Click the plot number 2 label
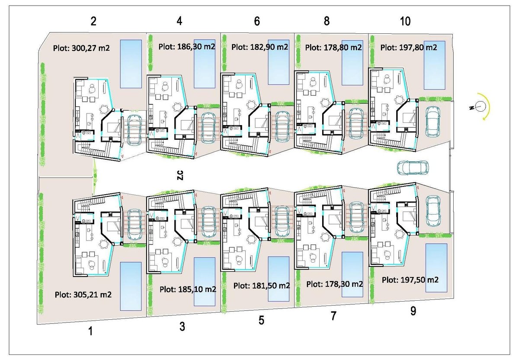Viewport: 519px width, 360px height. click(93, 21)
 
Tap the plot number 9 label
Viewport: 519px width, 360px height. click(413, 311)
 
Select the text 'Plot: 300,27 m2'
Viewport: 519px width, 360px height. click(81, 48)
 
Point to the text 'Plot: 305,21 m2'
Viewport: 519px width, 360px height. click(83, 295)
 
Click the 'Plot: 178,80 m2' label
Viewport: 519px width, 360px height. click(333, 47)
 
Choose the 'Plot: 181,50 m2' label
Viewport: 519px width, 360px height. click(261, 286)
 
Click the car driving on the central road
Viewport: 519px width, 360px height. click(413, 168)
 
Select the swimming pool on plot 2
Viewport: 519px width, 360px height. click(131, 63)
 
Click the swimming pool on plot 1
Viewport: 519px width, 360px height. click(131, 286)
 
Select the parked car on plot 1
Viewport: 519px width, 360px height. click(136, 221)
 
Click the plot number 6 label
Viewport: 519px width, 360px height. click(257, 21)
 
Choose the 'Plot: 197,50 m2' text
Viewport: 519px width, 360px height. click(410, 280)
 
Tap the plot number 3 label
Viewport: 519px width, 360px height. click(182, 327)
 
